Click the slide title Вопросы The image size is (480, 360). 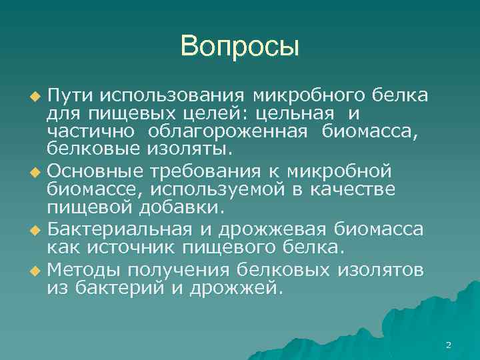pos(240,46)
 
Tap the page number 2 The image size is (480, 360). pos(448,345)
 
